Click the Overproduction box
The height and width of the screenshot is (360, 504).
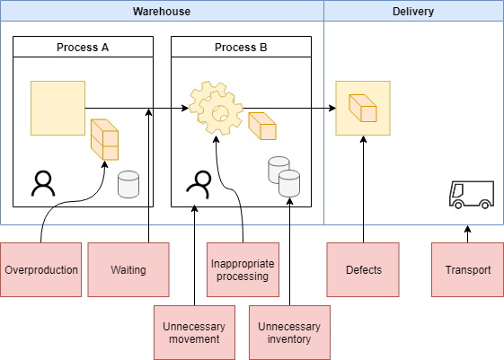click(40, 269)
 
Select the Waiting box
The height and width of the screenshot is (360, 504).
click(128, 269)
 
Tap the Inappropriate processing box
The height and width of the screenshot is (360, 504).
click(243, 269)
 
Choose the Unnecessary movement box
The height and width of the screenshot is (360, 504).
click(194, 332)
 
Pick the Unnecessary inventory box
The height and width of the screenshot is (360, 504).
click(289, 332)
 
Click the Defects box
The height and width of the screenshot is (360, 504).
click(363, 269)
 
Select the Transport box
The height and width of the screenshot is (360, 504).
click(467, 269)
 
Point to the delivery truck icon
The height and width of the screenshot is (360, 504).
click(472, 195)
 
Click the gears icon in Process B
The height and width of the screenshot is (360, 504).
click(216, 108)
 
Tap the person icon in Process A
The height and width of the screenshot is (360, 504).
click(43, 183)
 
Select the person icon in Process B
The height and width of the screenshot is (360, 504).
click(199, 184)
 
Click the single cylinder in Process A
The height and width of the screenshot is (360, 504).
click(128, 184)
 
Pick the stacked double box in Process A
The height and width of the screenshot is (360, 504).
click(104, 139)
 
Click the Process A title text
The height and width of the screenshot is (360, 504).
click(83, 48)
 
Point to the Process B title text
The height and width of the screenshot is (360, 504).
click(241, 48)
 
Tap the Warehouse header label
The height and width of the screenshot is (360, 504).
click(162, 12)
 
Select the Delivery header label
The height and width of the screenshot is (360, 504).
click(413, 12)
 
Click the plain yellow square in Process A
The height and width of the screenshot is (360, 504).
click(57, 108)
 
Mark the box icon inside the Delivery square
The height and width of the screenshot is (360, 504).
click(363, 108)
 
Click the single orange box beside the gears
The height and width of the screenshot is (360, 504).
click(262, 126)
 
